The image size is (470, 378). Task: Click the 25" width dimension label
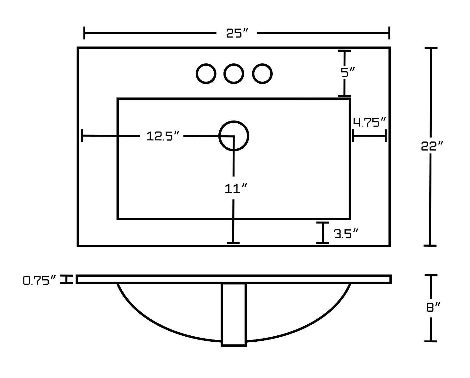pyautogui.click(x=237, y=33)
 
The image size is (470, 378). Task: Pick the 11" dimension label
pyautogui.click(x=235, y=189)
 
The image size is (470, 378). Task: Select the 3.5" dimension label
pyautogui.click(x=346, y=234)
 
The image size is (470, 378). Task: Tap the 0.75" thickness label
pyautogui.click(x=40, y=280)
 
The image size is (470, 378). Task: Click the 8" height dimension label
pyautogui.click(x=433, y=307)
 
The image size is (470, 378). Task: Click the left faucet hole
pyautogui.click(x=206, y=74)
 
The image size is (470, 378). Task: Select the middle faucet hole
pyautogui.click(x=234, y=74)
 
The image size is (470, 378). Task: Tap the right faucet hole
pyautogui.click(x=262, y=74)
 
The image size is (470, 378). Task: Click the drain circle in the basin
pyautogui.click(x=234, y=136)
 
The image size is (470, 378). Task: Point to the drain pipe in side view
pyautogui.click(x=234, y=314)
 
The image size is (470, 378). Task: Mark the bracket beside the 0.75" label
pyautogui.click(x=66, y=279)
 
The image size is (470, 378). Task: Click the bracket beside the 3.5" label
pyautogui.click(x=323, y=233)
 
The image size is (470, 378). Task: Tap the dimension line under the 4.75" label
pyautogui.click(x=369, y=136)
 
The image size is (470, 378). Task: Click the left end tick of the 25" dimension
pyautogui.click(x=84, y=33)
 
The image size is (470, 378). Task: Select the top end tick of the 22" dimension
pyautogui.click(x=430, y=48)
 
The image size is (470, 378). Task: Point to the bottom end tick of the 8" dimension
pyautogui.click(x=430, y=341)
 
